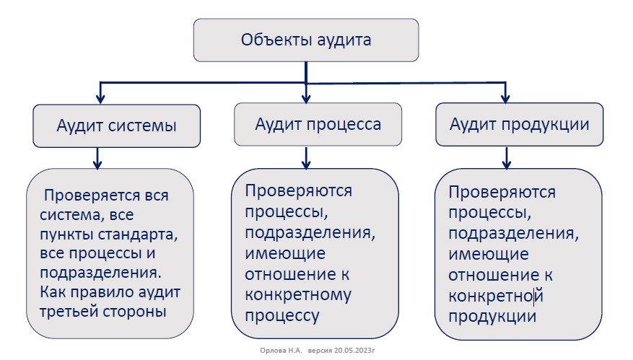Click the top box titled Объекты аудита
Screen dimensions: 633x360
point(306,40)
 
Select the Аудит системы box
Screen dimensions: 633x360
point(117,126)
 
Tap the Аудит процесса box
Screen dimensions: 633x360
point(318,124)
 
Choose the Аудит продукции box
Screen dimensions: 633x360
point(519,124)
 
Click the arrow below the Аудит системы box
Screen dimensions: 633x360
point(97,158)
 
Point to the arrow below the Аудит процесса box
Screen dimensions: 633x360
point(306,157)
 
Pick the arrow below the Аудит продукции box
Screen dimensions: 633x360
point(507,157)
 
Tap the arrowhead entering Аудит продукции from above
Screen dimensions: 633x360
point(505,98)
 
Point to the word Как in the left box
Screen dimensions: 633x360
point(53,291)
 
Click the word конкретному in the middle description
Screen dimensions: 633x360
point(298,295)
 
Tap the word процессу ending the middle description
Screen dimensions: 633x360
point(281,315)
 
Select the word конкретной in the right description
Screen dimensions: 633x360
point(496,296)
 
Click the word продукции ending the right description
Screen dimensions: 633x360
point(492,317)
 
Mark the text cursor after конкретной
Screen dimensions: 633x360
point(534,296)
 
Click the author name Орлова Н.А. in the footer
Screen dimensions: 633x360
point(281,351)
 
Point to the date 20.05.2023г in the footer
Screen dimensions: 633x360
point(354,351)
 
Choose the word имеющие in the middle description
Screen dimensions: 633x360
point(285,254)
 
